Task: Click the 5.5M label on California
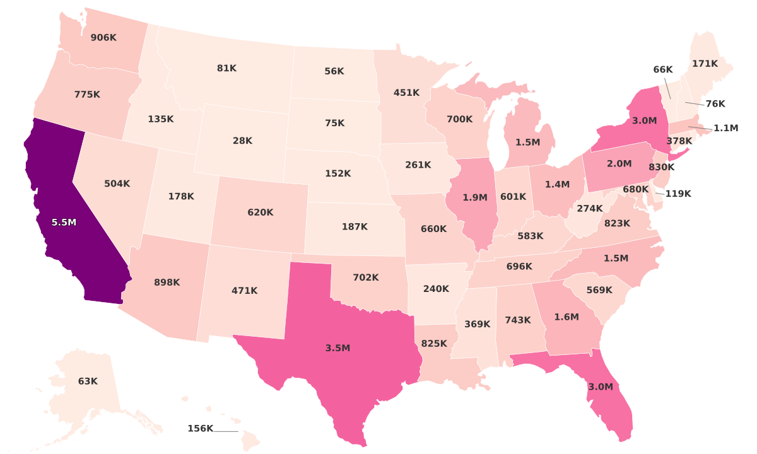click(x=64, y=223)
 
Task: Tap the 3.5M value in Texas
click(x=337, y=348)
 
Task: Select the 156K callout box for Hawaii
click(x=201, y=429)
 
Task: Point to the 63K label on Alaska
click(x=88, y=381)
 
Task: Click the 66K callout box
click(x=663, y=69)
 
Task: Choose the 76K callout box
click(x=715, y=103)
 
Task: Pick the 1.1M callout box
click(x=725, y=128)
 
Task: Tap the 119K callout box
click(x=678, y=194)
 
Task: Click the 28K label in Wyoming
click(x=242, y=141)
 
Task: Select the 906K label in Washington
click(x=103, y=38)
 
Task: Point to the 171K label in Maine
click(x=705, y=64)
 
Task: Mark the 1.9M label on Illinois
click(x=475, y=197)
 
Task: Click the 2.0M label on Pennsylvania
click(x=619, y=164)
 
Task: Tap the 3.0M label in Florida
click(x=600, y=387)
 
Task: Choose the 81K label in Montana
click(x=226, y=68)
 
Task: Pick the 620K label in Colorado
click(x=261, y=212)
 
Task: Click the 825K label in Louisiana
click(x=434, y=344)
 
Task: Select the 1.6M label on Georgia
click(x=566, y=317)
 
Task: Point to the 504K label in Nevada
click(x=117, y=184)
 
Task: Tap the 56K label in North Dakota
click(x=334, y=71)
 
